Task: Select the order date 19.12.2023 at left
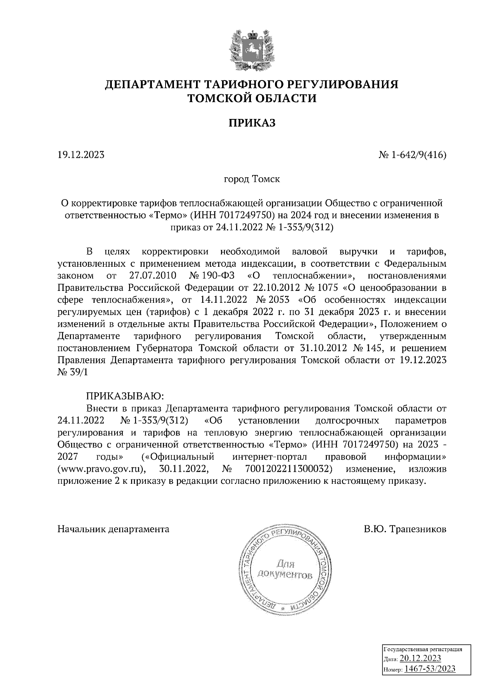coord(81,155)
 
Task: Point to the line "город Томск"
coord(252,179)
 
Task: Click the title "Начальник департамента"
coord(113,529)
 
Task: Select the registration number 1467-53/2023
coord(430,669)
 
